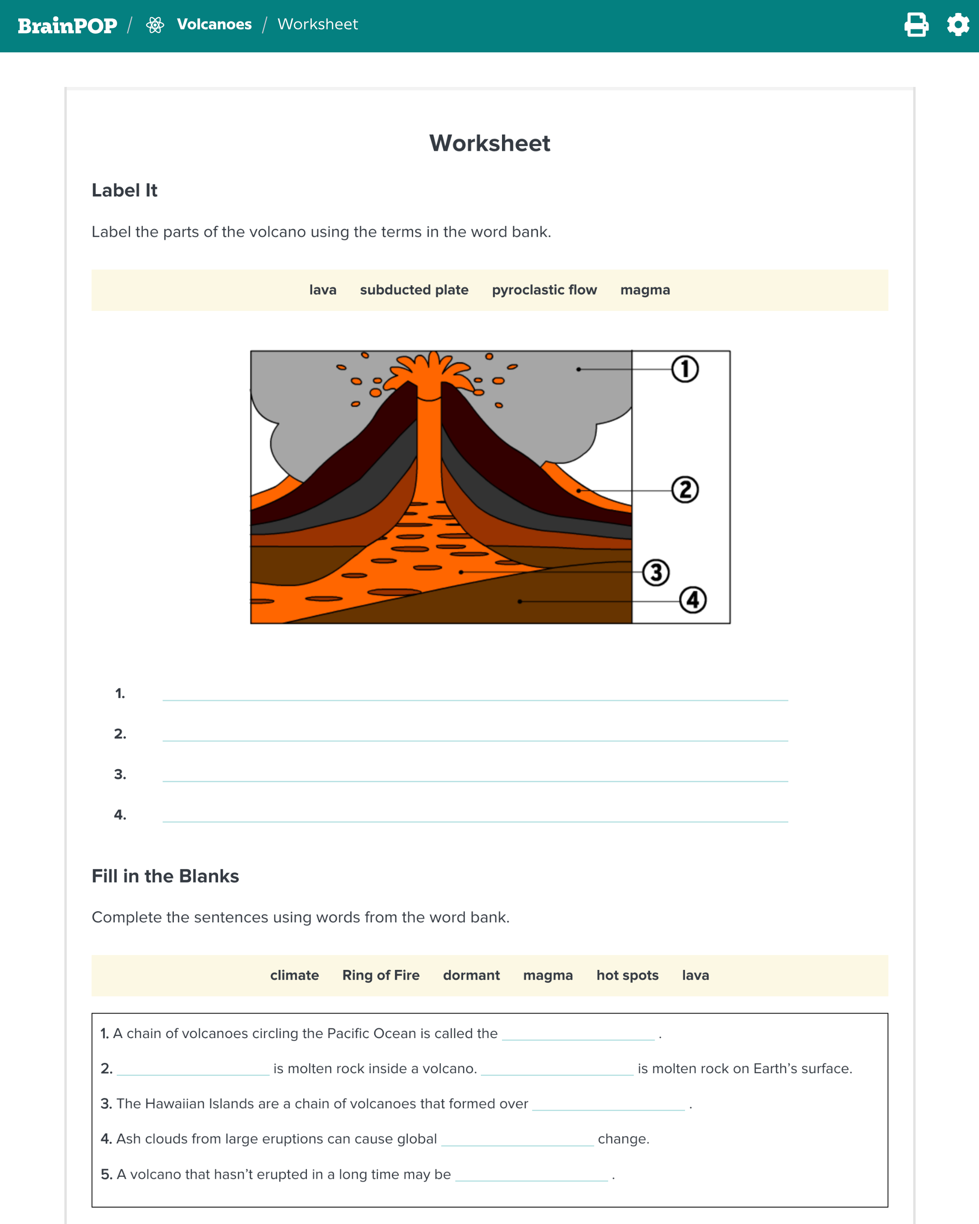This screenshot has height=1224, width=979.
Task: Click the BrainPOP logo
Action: (67, 25)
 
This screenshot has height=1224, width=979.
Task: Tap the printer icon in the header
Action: (916, 25)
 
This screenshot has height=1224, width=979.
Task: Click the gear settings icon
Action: (957, 25)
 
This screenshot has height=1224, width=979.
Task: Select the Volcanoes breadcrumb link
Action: (214, 24)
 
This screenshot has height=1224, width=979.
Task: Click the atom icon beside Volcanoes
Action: (155, 25)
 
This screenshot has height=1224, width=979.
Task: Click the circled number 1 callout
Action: (685, 369)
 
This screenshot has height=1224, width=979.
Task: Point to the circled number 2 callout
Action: (685, 490)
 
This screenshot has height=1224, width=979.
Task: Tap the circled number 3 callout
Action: (656, 573)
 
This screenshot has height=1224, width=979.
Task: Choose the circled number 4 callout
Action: (693, 600)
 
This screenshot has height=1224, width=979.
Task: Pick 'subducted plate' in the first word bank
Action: (414, 290)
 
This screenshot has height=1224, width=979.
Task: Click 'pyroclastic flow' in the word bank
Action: (544, 290)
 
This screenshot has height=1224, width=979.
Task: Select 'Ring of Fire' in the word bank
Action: (380, 975)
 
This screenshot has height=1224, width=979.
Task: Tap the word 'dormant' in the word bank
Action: (471, 975)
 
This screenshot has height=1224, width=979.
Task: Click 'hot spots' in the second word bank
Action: (627, 975)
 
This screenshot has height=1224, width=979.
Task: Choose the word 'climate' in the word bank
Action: (294, 975)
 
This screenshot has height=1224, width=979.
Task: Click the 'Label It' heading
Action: (124, 191)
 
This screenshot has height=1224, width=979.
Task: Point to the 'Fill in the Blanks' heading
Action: (165, 876)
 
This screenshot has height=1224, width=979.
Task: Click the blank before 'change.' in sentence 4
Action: (517, 1139)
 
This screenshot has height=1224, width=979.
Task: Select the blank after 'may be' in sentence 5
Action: (531, 1174)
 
